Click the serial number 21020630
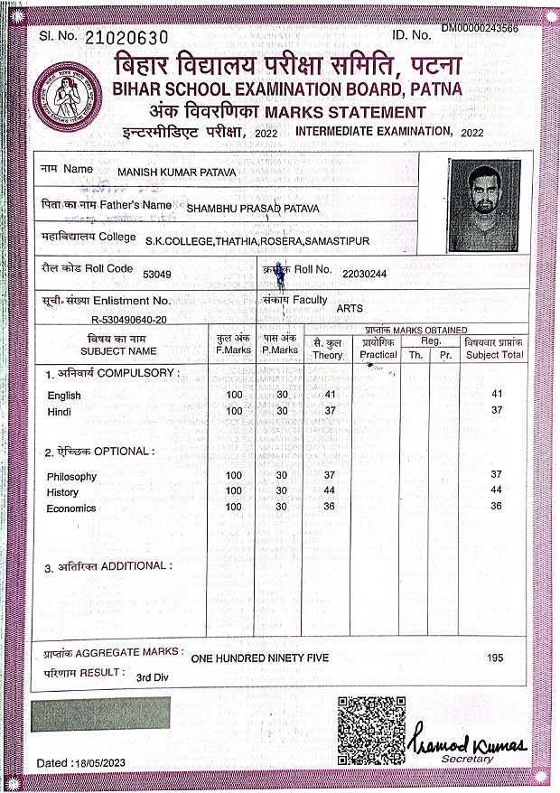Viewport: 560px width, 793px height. click(x=126, y=37)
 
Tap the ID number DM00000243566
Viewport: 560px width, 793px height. click(x=479, y=29)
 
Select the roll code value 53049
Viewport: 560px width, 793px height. click(x=157, y=273)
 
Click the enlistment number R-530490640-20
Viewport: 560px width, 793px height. click(x=127, y=319)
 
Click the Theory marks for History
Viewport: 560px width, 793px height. click(x=330, y=490)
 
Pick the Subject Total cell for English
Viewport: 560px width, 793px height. click(x=496, y=394)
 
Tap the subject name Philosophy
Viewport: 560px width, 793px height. click(x=71, y=476)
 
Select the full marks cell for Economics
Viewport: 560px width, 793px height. click(x=234, y=507)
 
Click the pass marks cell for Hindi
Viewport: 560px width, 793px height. click(x=282, y=411)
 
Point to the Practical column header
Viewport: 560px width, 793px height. click(x=378, y=355)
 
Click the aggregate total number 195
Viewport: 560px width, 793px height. click(x=494, y=658)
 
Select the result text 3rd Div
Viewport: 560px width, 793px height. click(x=153, y=676)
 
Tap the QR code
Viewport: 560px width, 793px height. click(x=371, y=729)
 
